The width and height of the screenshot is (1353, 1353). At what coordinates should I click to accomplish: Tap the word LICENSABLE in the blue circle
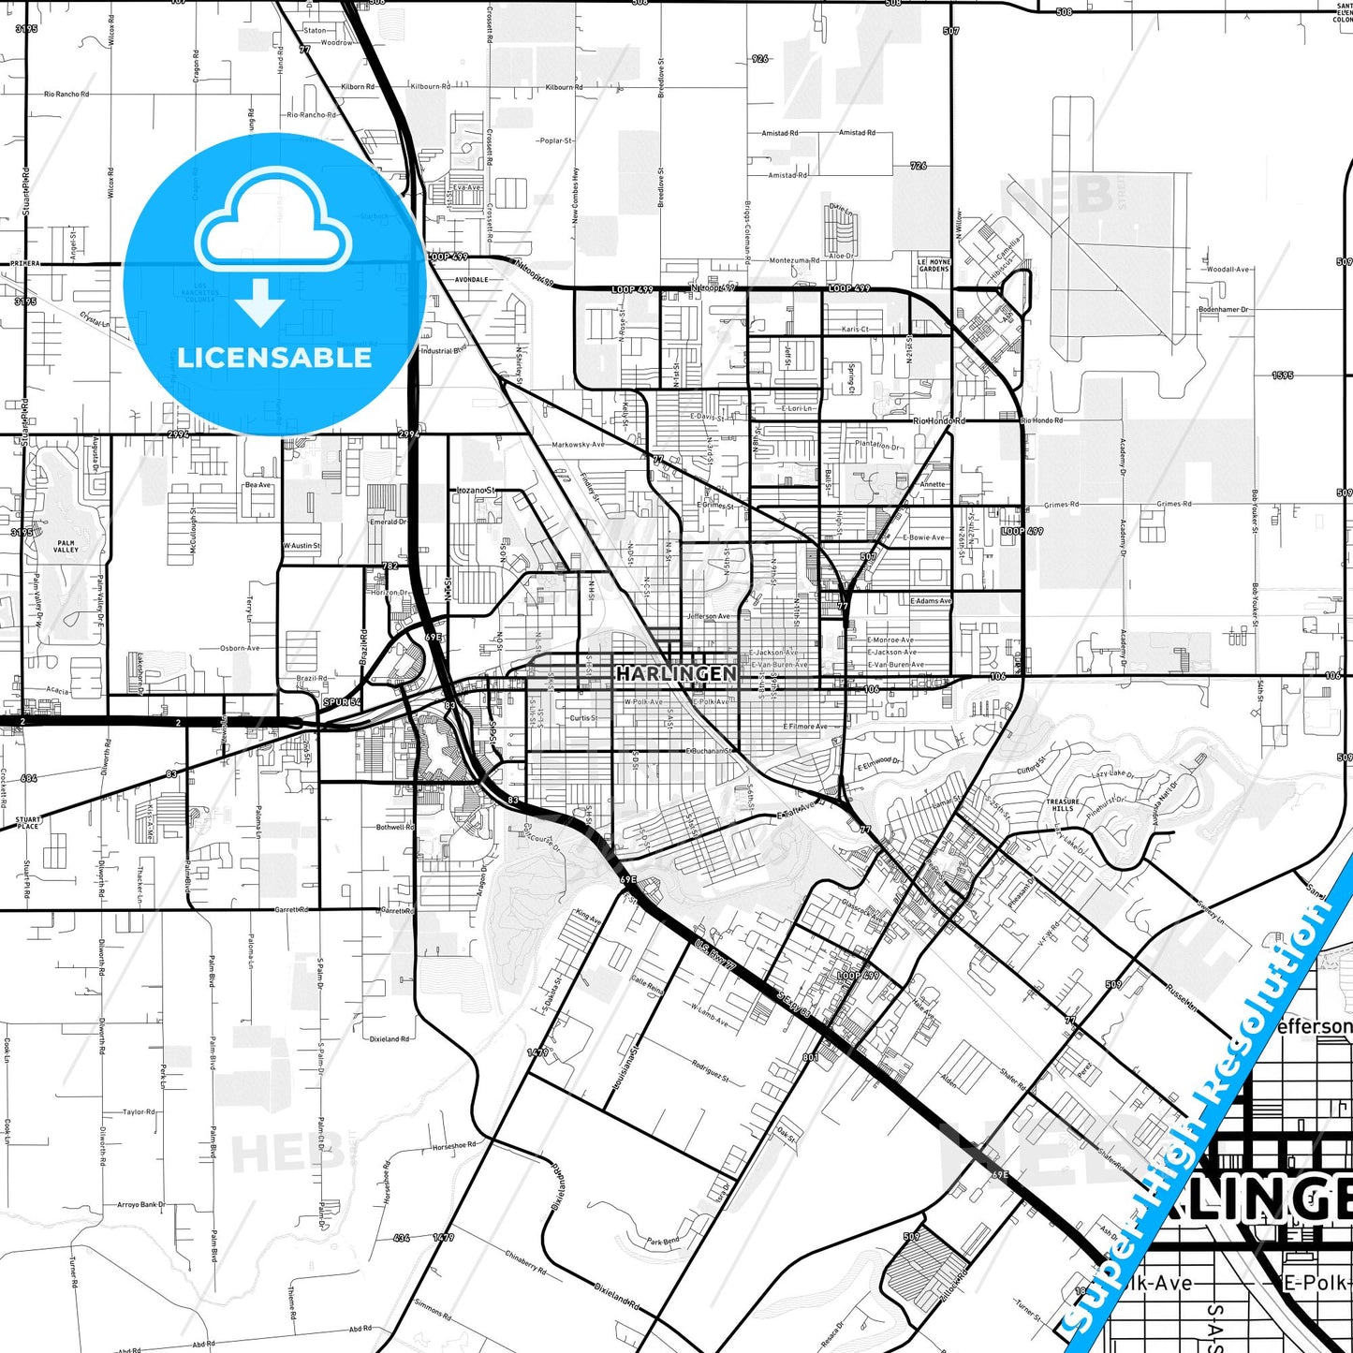pyautogui.click(x=274, y=358)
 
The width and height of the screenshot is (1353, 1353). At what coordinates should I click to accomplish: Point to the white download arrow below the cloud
pyautogui.click(x=260, y=302)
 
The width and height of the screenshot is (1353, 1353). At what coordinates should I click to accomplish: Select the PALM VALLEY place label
pyautogui.click(x=66, y=546)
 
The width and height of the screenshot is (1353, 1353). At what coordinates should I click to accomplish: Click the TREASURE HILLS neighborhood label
pyautogui.click(x=1062, y=805)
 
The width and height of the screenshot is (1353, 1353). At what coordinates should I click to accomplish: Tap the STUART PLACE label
pyautogui.click(x=28, y=822)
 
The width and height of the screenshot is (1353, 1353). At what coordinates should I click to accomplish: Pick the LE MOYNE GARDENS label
pyautogui.click(x=934, y=265)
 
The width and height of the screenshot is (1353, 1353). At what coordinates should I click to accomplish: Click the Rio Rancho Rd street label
pyautogui.click(x=66, y=95)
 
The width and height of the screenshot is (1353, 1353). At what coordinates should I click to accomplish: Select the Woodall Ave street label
pyautogui.click(x=1228, y=270)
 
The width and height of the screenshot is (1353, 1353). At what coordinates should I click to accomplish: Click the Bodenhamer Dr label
pyautogui.click(x=1224, y=309)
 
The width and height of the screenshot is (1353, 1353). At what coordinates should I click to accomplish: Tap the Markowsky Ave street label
pyautogui.click(x=578, y=445)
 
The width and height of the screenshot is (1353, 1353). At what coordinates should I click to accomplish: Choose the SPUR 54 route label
pyautogui.click(x=342, y=701)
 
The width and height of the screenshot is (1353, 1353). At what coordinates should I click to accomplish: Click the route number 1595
pyautogui.click(x=1283, y=375)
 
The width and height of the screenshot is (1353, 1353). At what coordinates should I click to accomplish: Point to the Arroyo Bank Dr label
pyautogui.click(x=140, y=1205)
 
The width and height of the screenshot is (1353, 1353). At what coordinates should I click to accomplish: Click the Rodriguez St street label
pyautogui.click(x=710, y=1070)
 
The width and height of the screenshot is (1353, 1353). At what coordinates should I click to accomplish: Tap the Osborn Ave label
pyautogui.click(x=240, y=648)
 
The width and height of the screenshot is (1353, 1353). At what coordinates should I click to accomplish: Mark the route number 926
pyautogui.click(x=759, y=58)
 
